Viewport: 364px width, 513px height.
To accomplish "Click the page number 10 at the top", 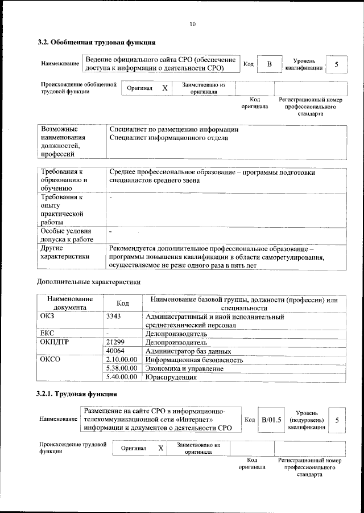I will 192,24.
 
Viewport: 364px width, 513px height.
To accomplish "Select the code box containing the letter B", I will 269,64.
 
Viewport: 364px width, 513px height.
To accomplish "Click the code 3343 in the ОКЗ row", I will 114,316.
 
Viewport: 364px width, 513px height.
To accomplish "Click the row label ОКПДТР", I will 55,343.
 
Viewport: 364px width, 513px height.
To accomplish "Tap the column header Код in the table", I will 122,303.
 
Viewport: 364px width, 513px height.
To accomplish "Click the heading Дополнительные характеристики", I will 88,281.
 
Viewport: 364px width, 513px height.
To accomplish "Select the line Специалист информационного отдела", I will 168,138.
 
